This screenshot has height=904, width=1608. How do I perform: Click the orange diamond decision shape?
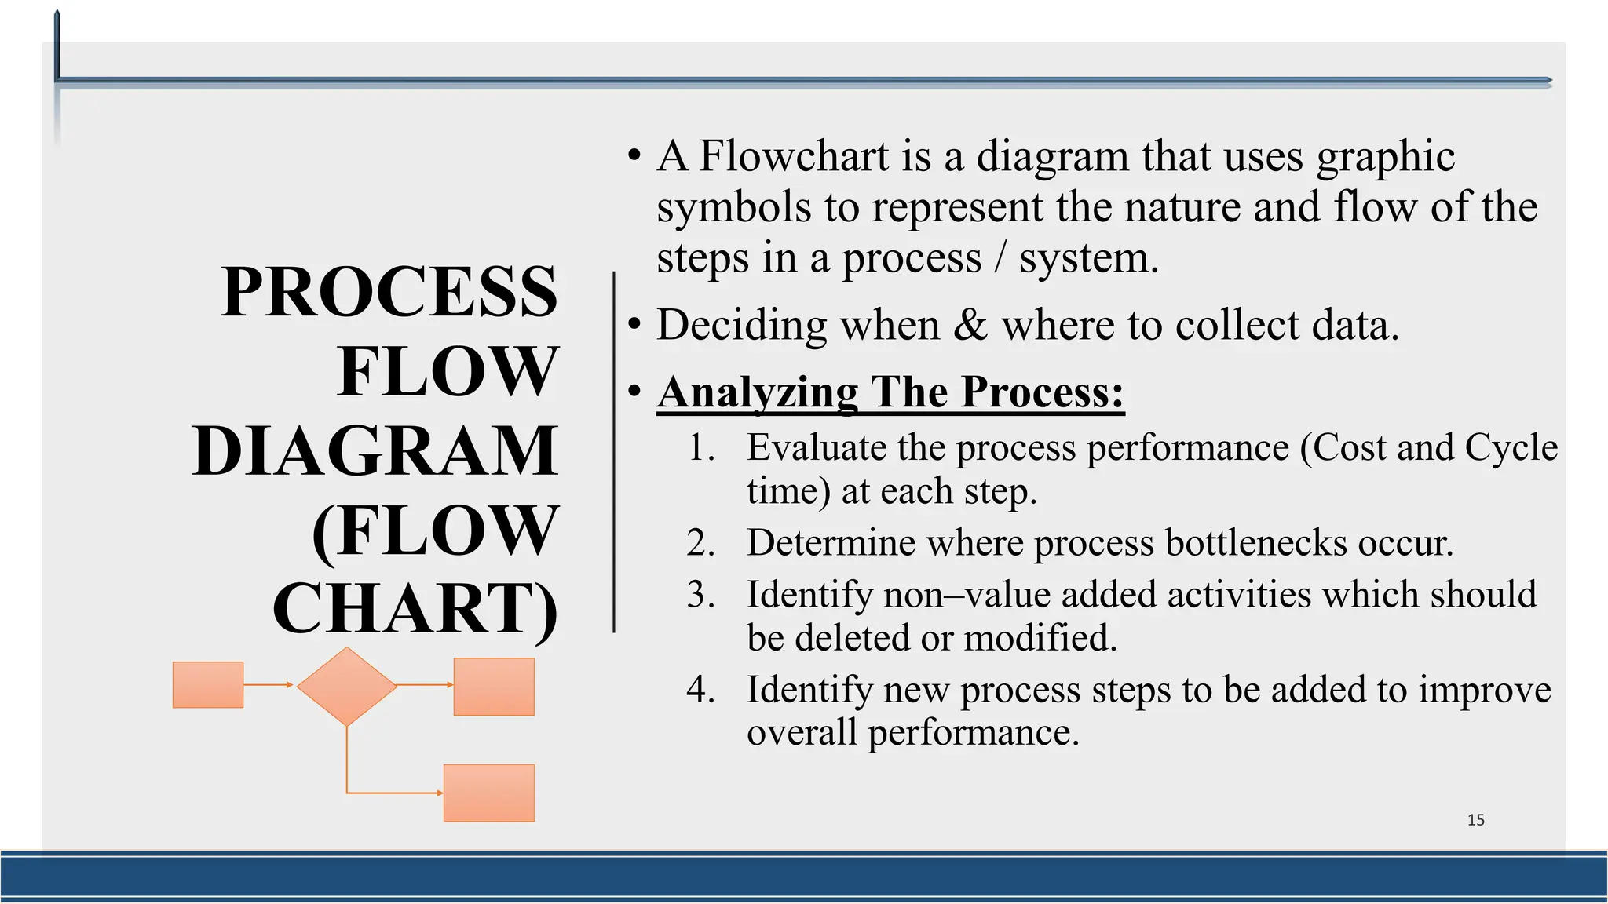(x=346, y=686)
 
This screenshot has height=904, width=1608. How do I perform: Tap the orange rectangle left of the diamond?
(x=208, y=685)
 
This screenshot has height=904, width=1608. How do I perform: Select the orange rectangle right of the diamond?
(x=494, y=687)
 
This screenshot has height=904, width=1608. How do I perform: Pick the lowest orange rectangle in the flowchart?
(x=489, y=793)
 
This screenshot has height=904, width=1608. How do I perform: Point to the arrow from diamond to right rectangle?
(x=425, y=685)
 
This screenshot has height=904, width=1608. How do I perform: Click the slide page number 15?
(x=1475, y=820)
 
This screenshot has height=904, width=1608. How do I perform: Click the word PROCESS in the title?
(x=389, y=292)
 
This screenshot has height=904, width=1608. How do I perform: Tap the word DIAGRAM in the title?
(x=375, y=451)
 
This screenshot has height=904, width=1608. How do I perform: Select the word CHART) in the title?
(x=415, y=610)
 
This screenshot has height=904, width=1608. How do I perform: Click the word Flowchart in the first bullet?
(x=793, y=155)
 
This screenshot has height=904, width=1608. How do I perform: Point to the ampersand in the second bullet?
(x=970, y=325)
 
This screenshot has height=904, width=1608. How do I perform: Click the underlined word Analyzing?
(x=758, y=392)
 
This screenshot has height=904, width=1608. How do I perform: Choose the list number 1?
(x=700, y=448)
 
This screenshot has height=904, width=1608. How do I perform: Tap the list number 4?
(x=700, y=690)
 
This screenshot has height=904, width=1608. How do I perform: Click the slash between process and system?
(x=1000, y=257)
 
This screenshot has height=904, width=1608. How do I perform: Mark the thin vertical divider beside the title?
(x=614, y=452)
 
